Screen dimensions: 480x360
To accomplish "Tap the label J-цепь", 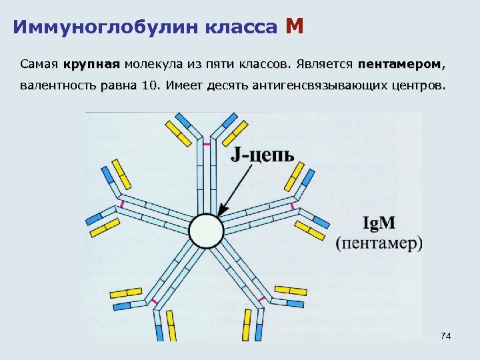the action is coord(263,155).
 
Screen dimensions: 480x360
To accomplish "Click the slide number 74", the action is coord(446,337).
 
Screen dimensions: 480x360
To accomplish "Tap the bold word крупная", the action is coord(92,65).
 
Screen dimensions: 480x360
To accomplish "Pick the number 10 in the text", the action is coord(151,86).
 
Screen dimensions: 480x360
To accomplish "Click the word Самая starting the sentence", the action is coord(39,65).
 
